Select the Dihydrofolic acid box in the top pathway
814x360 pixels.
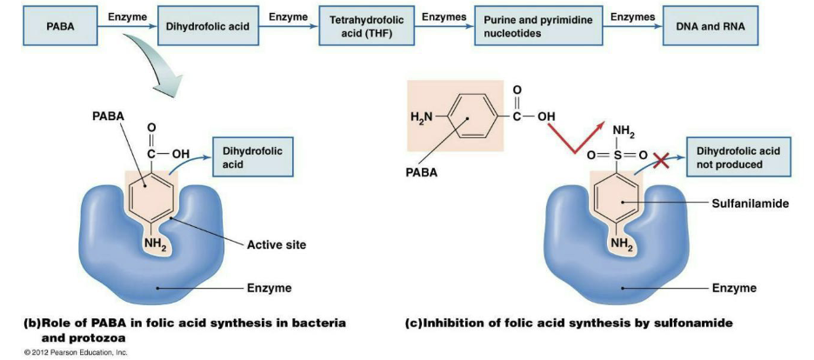tap(207, 27)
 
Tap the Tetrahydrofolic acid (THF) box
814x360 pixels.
tap(364, 27)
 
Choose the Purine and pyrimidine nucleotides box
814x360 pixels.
tap(525, 27)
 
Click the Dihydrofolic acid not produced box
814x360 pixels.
tap(735, 157)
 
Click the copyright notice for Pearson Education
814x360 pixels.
tap(77, 352)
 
